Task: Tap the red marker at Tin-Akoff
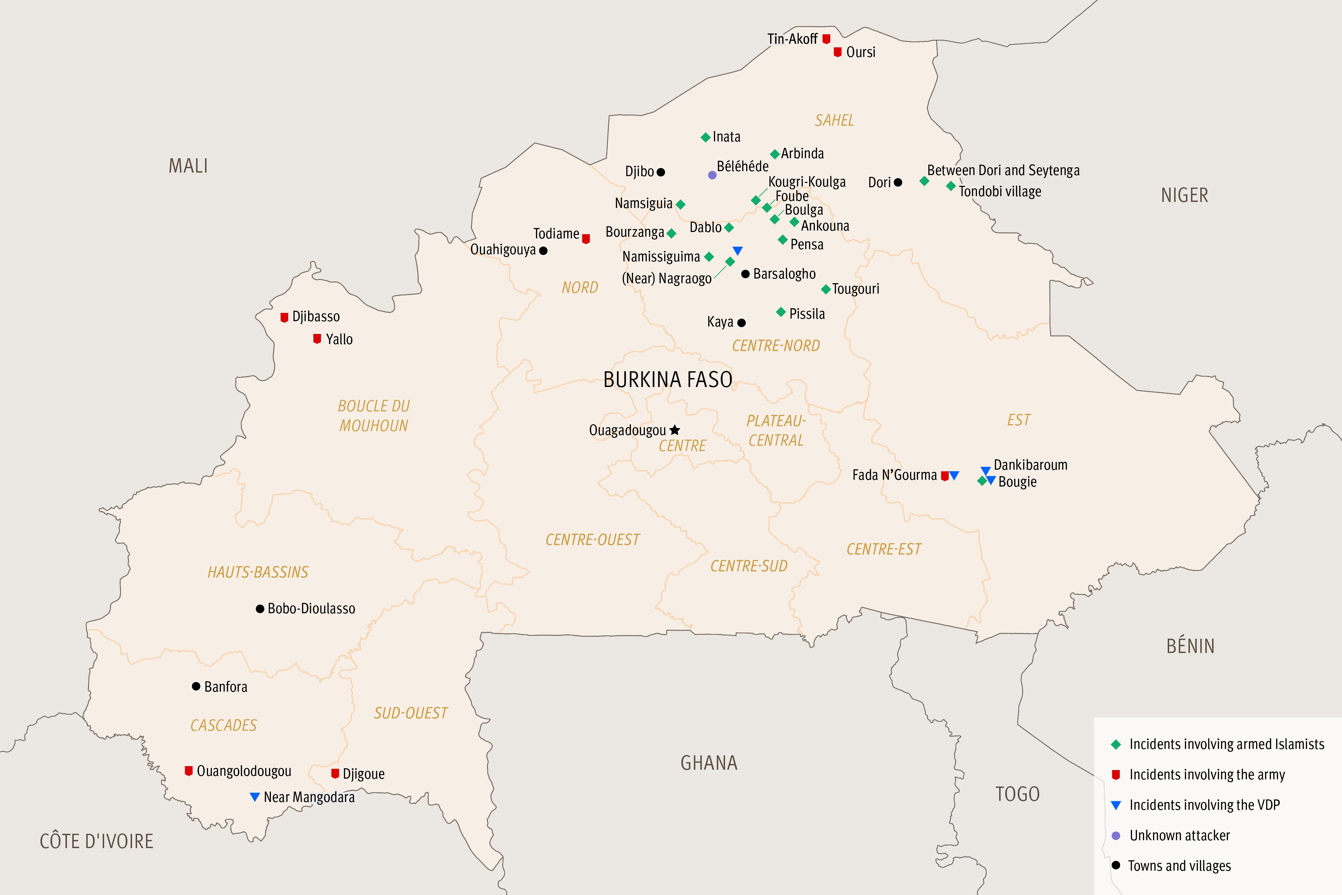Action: (826, 39)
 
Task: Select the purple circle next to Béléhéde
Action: (712, 175)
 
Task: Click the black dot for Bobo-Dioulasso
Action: (259, 609)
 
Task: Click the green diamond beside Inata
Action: (705, 137)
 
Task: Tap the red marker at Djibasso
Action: (284, 317)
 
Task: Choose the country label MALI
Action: (188, 166)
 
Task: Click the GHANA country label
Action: (709, 763)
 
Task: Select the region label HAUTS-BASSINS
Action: (258, 572)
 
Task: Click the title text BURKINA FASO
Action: (667, 379)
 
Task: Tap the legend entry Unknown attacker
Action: (1180, 835)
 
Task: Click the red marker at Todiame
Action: (585, 238)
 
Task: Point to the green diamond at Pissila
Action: (781, 312)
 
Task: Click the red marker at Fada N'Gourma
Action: (944, 475)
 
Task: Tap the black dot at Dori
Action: (898, 182)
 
